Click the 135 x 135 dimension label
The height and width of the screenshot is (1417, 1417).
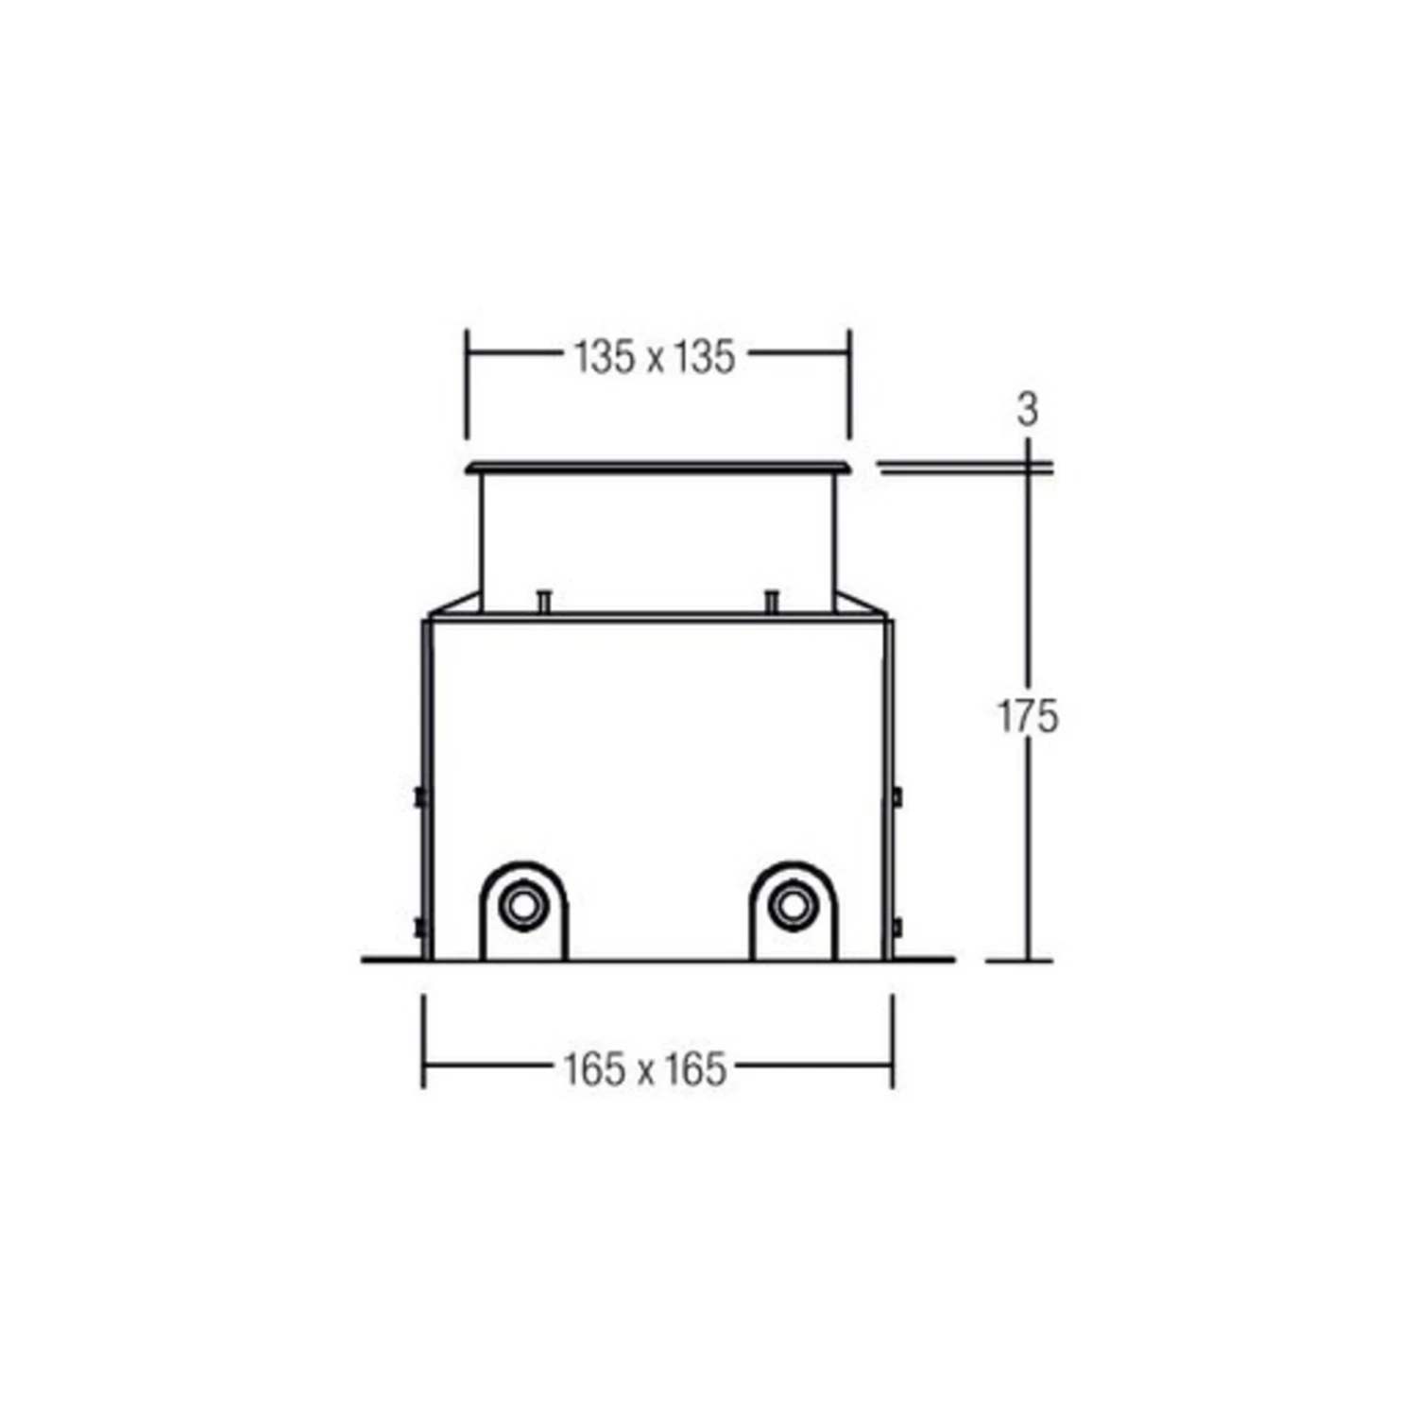655,357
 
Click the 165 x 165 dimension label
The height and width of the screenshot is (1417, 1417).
645,1069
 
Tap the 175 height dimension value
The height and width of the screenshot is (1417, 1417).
1029,716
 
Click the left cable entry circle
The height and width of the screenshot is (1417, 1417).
521,907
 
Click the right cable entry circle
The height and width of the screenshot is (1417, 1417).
792,907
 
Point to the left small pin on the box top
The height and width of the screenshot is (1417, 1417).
543,601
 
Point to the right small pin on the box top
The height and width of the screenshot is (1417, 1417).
772,601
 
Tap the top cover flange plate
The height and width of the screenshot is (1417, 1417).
658,467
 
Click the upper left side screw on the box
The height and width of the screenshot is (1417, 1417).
419,797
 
